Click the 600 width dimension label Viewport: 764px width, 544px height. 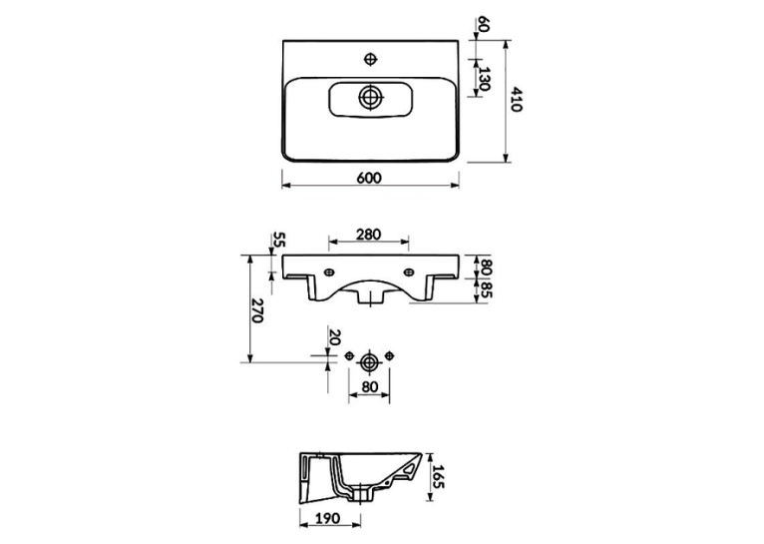click(x=369, y=179)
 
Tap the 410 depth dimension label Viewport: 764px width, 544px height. click(x=517, y=100)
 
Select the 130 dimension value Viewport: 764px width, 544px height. click(x=483, y=79)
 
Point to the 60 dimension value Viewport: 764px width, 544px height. click(x=483, y=24)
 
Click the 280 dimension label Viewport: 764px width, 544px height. click(x=368, y=235)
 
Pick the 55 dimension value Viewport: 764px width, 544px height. click(x=279, y=240)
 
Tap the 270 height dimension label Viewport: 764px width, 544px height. click(x=256, y=310)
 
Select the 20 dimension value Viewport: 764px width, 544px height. click(x=335, y=337)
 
